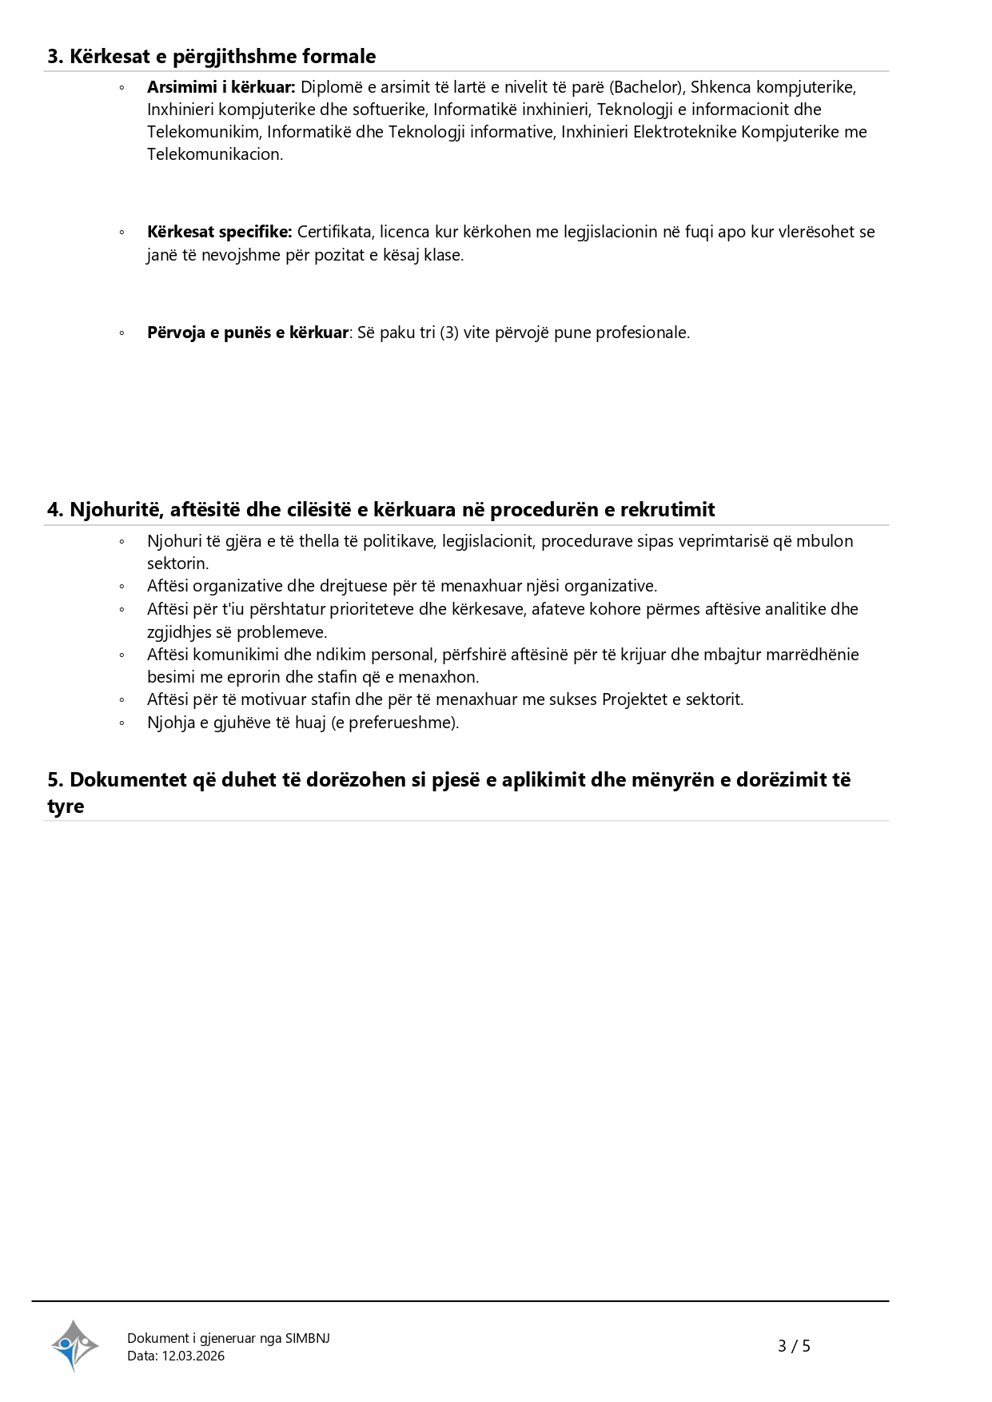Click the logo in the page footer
pos(74,1345)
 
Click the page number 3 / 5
pos(794,1346)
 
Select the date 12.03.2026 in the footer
pos(193,1356)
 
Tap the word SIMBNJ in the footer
pos(307,1338)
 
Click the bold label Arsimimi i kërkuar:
pos(221,87)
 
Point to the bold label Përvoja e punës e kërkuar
pos(248,333)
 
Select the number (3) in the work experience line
pos(449,333)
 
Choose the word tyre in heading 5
pos(66,806)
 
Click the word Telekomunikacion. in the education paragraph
pos(215,154)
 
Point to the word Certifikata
pos(335,232)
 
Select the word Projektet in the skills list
pos(635,699)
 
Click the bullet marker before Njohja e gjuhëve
pos(122,723)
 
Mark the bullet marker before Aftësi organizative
pos(122,587)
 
